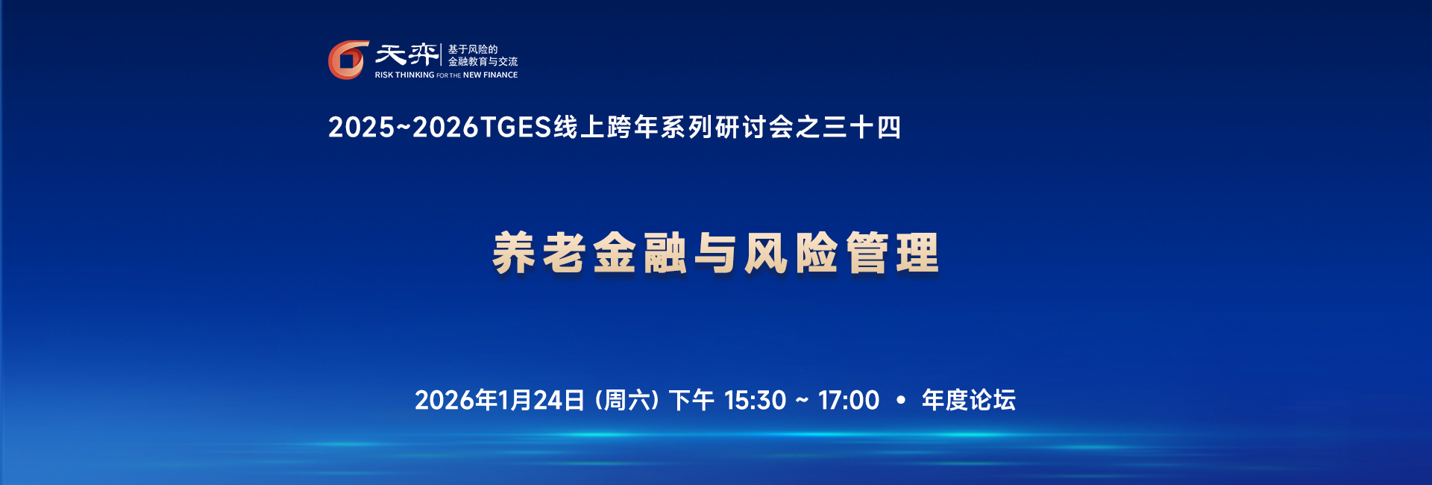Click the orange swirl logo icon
[x=348, y=60]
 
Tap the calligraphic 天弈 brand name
[x=406, y=54]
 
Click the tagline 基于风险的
[x=472, y=49]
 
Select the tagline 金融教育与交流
[x=483, y=62]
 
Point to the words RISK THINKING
[x=404, y=75]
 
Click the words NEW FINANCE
[x=490, y=75]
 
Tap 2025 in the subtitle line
[x=361, y=128]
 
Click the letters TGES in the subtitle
[x=515, y=128]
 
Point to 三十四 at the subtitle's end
[x=861, y=128]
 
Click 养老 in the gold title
[x=538, y=253]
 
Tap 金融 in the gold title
[x=640, y=253]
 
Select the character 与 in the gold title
[x=715, y=253]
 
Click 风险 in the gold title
[x=791, y=253]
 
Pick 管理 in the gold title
[x=892, y=253]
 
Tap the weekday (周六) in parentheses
[x=627, y=401]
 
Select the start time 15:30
[x=755, y=401]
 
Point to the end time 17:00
[x=849, y=401]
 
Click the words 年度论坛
[x=969, y=401]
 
